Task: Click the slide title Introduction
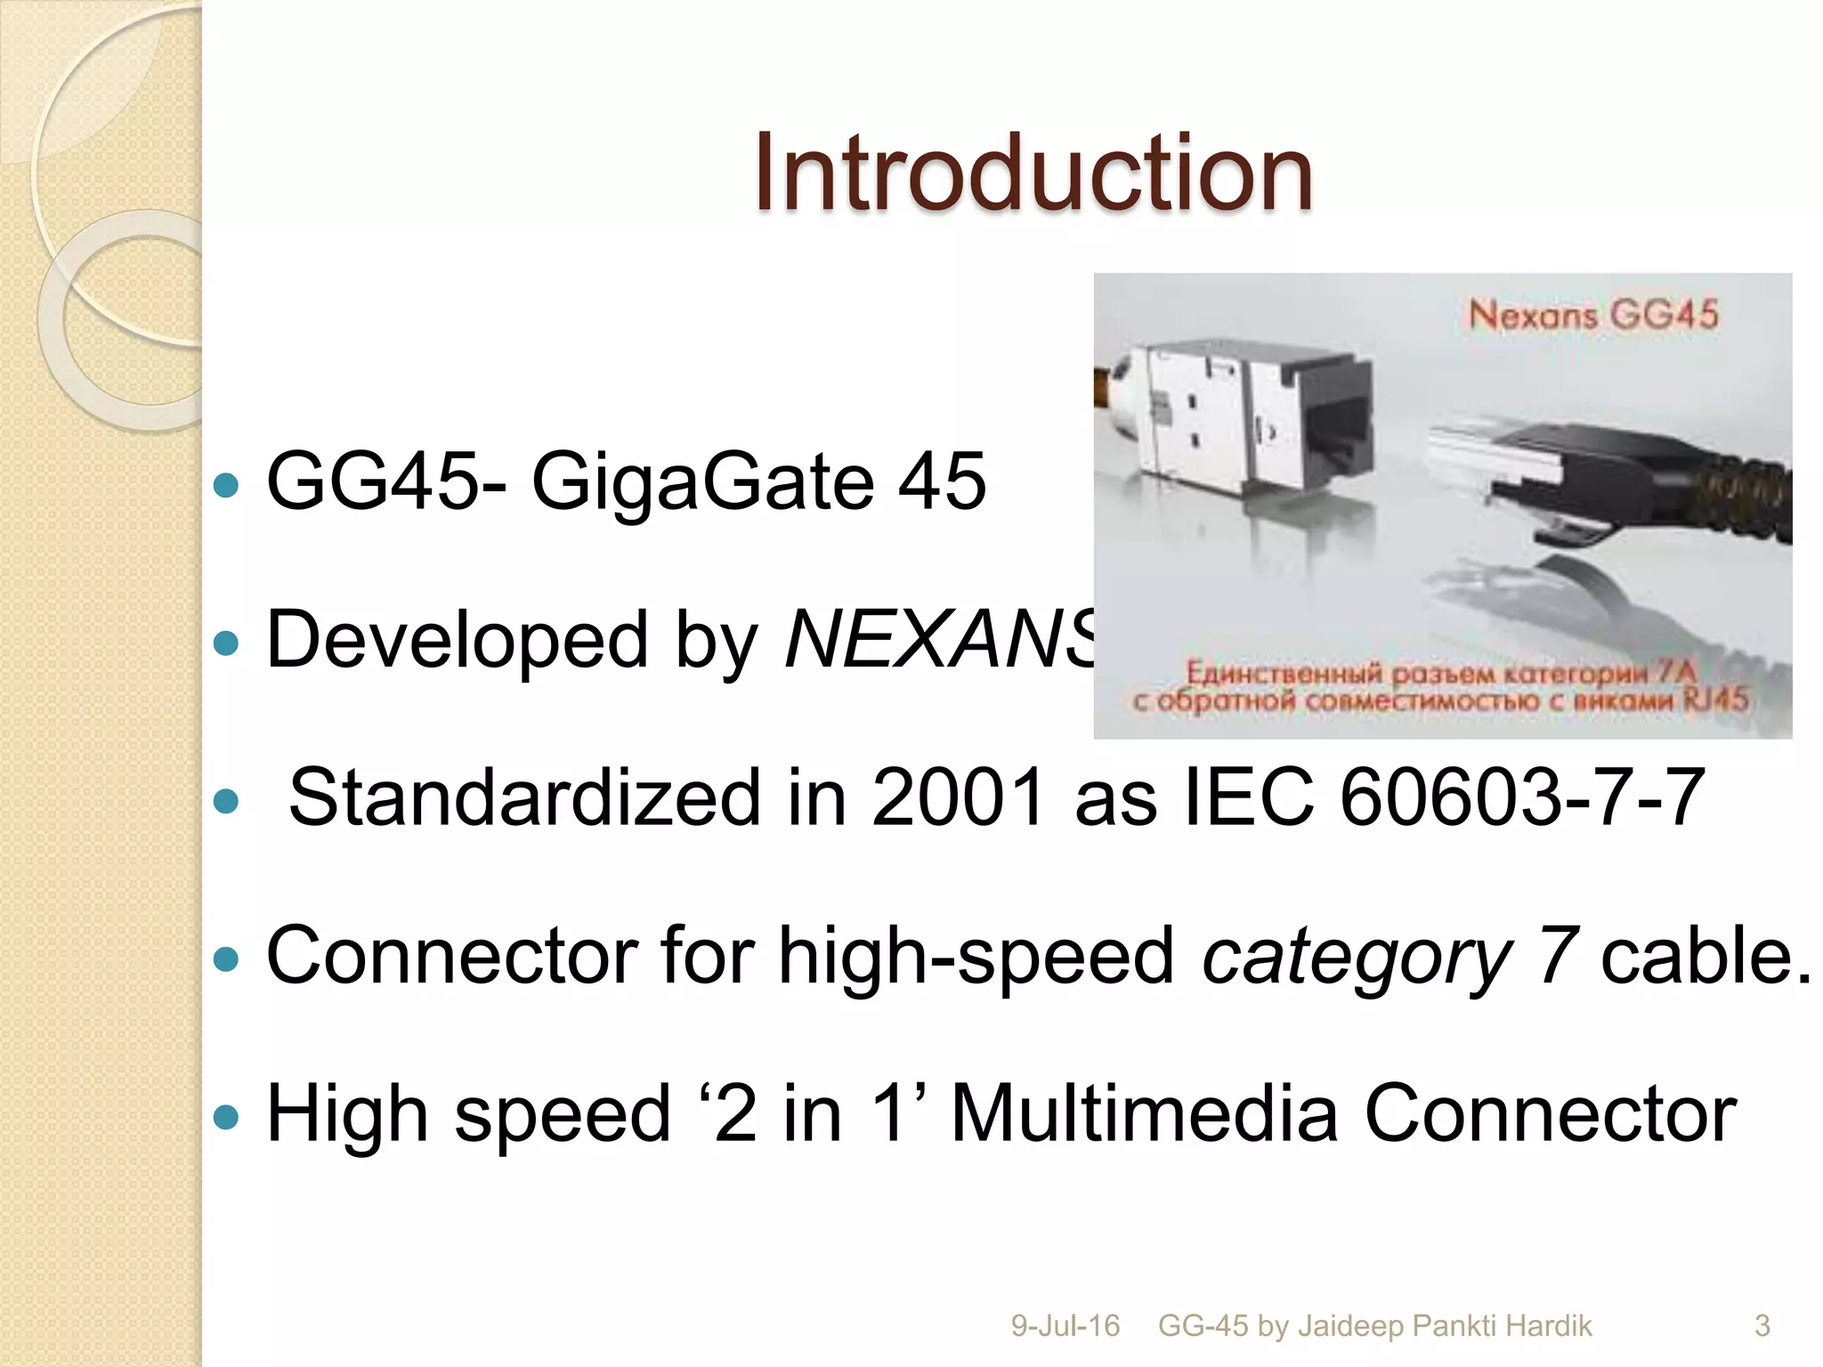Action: (x=1033, y=173)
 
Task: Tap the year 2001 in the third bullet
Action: (x=956, y=797)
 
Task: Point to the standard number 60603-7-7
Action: (x=1521, y=797)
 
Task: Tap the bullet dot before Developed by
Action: (x=227, y=643)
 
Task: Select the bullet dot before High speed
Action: (x=227, y=1116)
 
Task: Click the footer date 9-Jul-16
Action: (x=1065, y=1325)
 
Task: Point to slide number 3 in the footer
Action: (x=1762, y=1325)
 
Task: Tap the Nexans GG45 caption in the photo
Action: (x=1592, y=315)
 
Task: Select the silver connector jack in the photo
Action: (x=1237, y=418)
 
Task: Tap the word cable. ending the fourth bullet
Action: (x=1706, y=956)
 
